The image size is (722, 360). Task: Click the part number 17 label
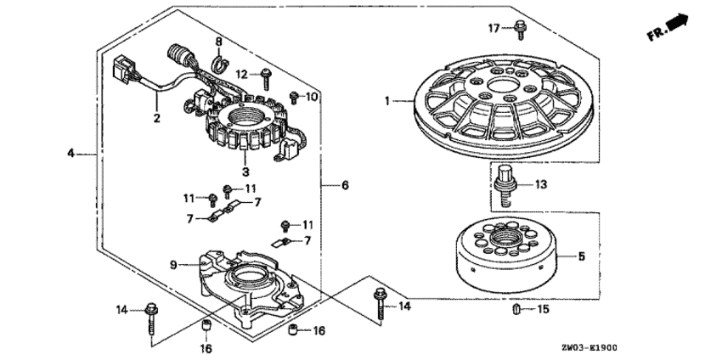[491, 29]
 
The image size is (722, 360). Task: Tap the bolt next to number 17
[517, 31]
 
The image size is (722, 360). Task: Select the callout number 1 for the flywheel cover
[386, 101]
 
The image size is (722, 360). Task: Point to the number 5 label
[582, 255]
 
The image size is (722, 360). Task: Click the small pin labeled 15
[516, 309]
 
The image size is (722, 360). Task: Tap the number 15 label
[543, 310]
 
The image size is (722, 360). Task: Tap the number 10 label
[311, 97]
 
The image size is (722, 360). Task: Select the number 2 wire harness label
[156, 118]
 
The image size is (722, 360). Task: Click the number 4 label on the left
[71, 154]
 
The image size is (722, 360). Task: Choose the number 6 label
[344, 184]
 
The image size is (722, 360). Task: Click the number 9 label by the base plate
[173, 265]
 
